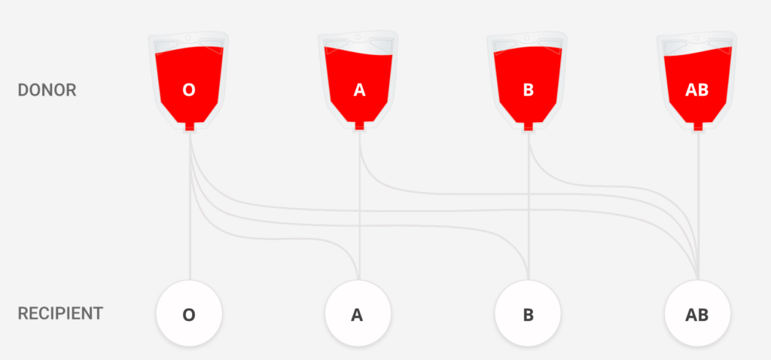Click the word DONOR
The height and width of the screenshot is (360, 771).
pyautogui.click(x=47, y=90)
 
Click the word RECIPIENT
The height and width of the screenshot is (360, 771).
pyautogui.click(x=60, y=313)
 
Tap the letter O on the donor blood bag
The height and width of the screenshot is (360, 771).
pyautogui.click(x=189, y=90)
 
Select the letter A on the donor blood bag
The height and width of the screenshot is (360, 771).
pyautogui.click(x=359, y=90)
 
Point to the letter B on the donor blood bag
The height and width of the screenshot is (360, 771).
pyautogui.click(x=528, y=90)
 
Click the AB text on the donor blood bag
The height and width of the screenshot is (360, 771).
pyautogui.click(x=697, y=90)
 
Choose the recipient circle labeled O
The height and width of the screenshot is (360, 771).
pyautogui.click(x=189, y=314)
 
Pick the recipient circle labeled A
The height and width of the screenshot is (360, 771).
pyautogui.click(x=358, y=314)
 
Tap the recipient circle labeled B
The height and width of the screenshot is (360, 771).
pyautogui.click(x=528, y=314)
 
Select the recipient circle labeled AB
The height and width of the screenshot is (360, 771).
pyautogui.click(x=697, y=314)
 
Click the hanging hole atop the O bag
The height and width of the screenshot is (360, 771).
pyautogui.click(x=189, y=37)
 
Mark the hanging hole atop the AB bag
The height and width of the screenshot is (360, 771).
pyautogui.click(x=697, y=37)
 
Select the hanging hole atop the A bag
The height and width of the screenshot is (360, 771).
pyautogui.click(x=358, y=37)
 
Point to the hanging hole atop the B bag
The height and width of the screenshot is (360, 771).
pyautogui.click(x=528, y=37)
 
